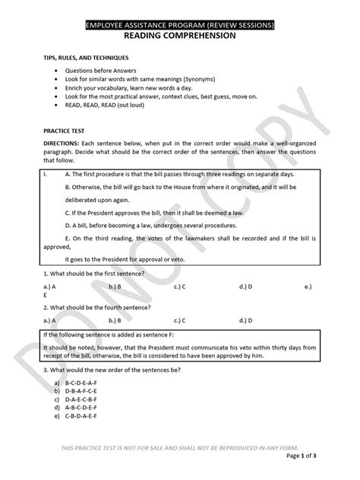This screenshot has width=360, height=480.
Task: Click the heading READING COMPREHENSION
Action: coord(179,36)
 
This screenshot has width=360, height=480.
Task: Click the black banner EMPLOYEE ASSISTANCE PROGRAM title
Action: coord(179,25)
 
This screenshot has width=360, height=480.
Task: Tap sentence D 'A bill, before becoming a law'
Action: coord(150,226)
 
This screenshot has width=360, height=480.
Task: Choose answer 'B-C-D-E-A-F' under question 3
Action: coord(83,384)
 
